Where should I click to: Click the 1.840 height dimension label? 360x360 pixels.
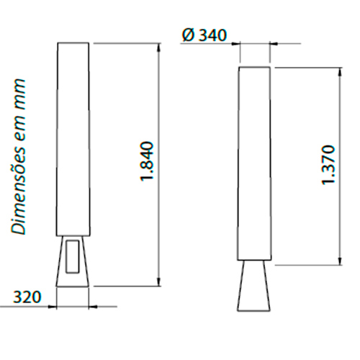tap(146, 161)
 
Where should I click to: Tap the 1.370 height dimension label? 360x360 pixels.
tap(328, 165)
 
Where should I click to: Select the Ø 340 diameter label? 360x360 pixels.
tap(204, 35)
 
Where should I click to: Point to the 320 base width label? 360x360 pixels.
tap(27, 297)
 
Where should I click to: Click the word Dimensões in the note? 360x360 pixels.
tap(19, 185)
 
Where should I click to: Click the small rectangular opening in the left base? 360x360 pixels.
tap(73, 256)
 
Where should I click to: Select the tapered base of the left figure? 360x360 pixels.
tap(73, 261)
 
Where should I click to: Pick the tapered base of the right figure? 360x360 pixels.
tap(253, 286)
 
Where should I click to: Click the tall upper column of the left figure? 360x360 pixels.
tap(73, 139)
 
